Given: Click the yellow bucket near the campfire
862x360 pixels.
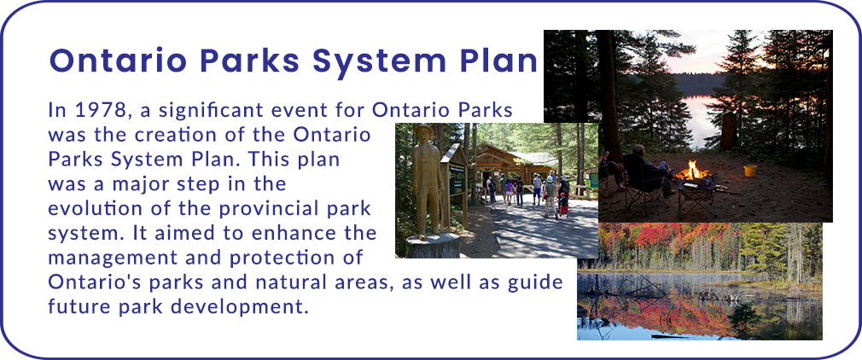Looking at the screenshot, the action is tap(750, 171).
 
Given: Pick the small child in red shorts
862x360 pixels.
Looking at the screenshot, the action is tap(563, 206).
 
